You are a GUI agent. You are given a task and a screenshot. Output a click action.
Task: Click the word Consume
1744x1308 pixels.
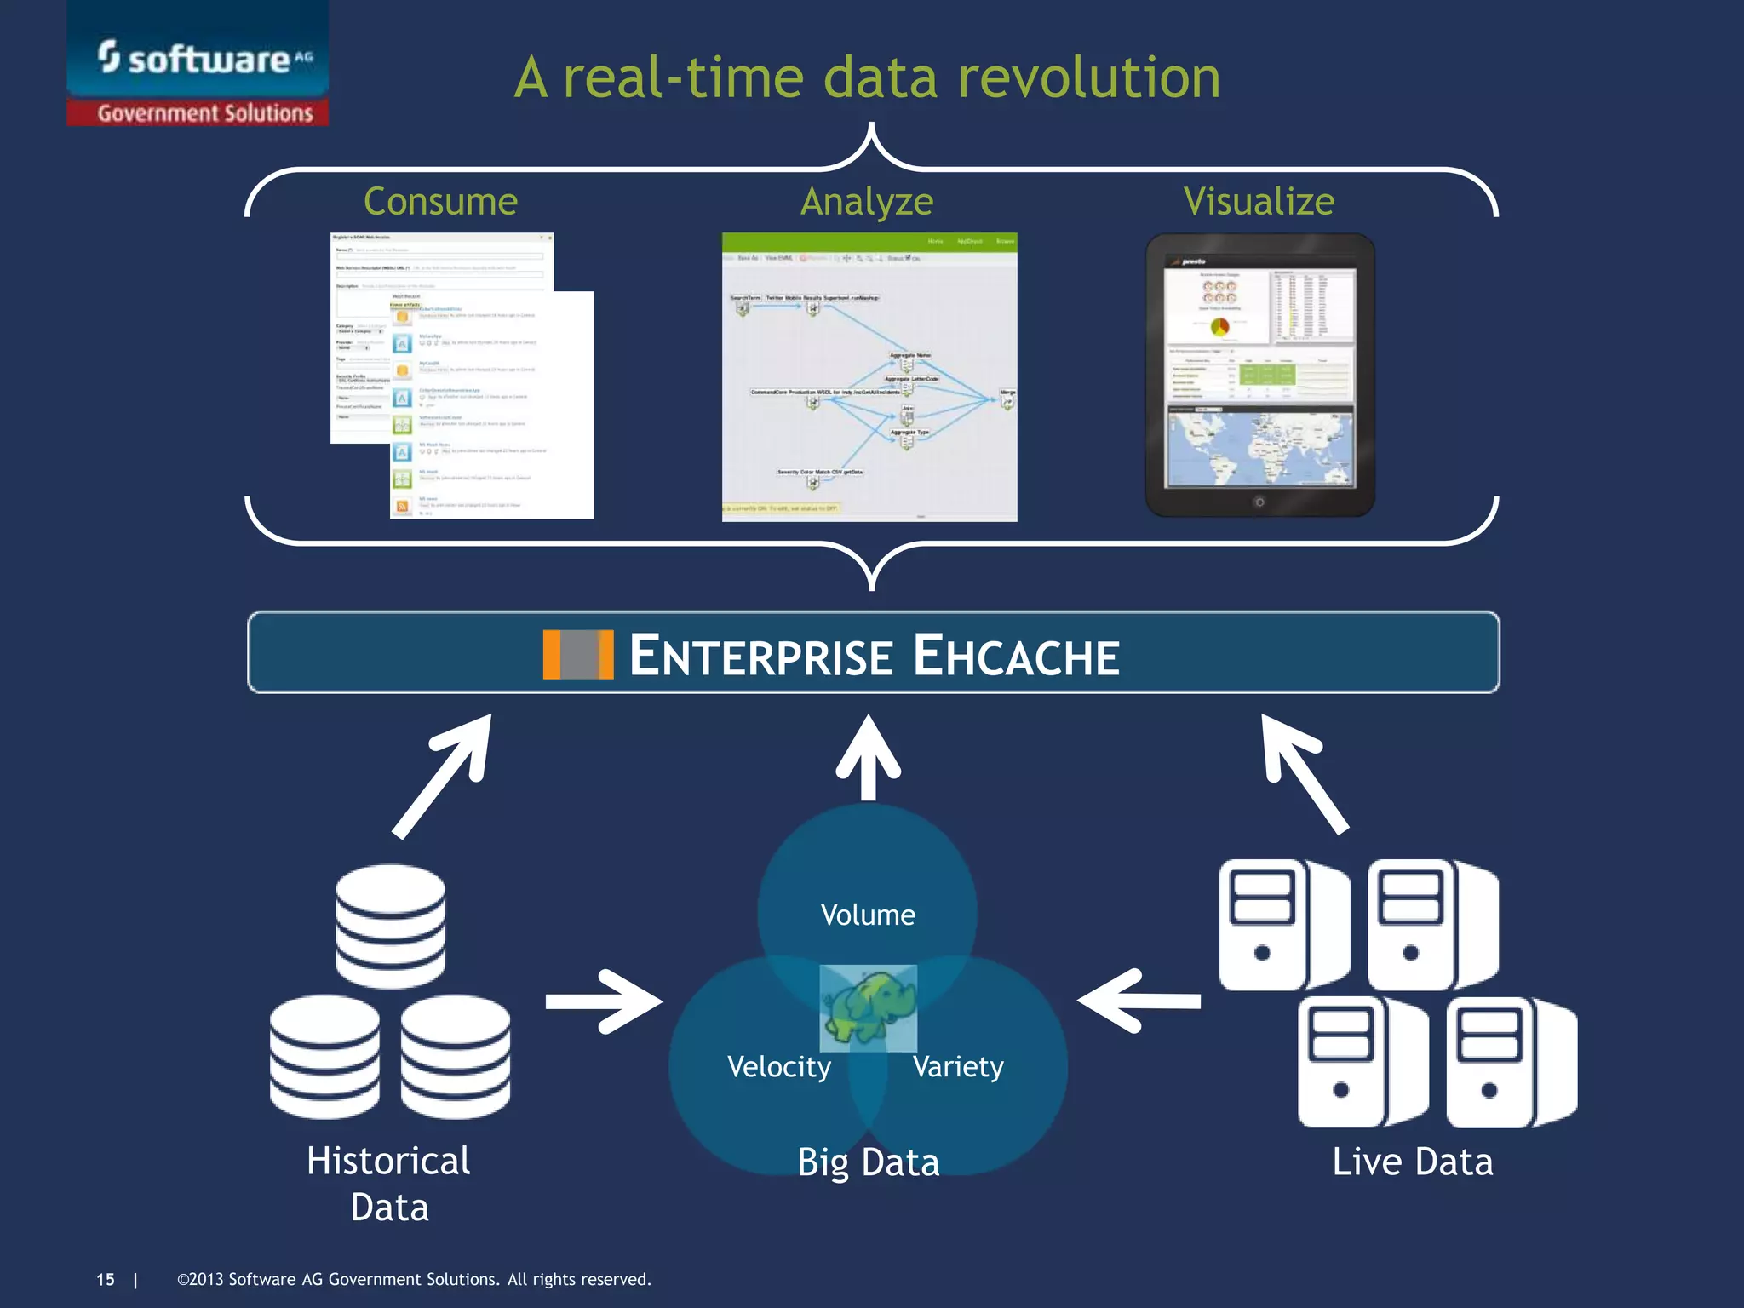(x=440, y=202)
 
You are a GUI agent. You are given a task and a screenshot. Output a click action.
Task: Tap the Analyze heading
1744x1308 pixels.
(x=867, y=202)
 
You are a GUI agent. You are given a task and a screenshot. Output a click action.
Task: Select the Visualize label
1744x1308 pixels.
(x=1259, y=202)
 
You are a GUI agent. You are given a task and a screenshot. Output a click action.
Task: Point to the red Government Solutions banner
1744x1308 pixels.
(x=204, y=112)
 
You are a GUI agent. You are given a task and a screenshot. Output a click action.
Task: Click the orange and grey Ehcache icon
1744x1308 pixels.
(x=578, y=654)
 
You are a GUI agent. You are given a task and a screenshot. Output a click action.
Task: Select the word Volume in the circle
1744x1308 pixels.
(x=868, y=915)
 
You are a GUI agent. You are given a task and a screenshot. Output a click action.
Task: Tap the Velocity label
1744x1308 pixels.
(x=779, y=1066)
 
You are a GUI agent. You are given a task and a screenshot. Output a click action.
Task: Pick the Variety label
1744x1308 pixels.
(x=958, y=1066)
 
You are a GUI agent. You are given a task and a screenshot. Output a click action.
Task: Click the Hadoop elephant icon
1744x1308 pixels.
(x=869, y=1008)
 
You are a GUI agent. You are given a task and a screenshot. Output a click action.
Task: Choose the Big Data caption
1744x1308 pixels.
(x=868, y=1162)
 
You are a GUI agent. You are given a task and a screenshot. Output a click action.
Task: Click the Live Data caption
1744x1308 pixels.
(x=1412, y=1162)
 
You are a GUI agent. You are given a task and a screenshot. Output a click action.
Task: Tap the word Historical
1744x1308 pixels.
(x=388, y=1161)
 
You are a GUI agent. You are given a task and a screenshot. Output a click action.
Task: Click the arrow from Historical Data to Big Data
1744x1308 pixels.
(x=604, y=1001)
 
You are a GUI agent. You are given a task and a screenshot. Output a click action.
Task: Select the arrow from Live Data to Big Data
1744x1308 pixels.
(x=1139, y=1001)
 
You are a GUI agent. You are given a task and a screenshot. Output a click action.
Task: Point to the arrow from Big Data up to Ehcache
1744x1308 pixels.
(x=868, y=758)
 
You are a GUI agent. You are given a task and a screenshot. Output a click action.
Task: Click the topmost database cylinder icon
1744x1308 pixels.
(x=390, y=925)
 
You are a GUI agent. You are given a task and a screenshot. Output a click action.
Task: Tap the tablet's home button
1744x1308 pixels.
(x=1259, y=502)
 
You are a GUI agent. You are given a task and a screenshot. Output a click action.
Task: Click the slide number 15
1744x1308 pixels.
(x=106, y=1280)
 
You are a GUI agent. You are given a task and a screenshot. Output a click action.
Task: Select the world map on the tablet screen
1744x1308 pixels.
(x=1259, y=447)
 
